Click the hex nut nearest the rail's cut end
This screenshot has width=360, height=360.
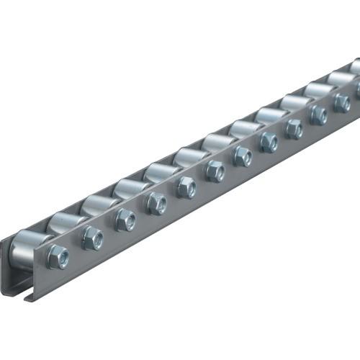58,257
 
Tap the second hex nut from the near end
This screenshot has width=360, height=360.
92,238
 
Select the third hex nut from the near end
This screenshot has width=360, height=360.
125,220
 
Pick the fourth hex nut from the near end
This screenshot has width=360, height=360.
156,203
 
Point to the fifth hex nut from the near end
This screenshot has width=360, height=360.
186,186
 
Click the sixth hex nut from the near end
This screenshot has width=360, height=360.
215,171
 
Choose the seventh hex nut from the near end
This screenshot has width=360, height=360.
243,156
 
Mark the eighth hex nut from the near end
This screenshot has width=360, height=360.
269,141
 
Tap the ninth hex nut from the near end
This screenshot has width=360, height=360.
294,128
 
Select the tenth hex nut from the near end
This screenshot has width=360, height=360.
318,115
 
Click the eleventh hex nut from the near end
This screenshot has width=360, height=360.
341,103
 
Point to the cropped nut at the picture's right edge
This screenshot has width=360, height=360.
357,91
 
